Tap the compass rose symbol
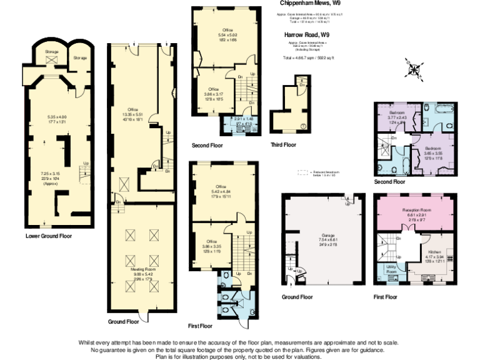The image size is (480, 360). pyautogui.click(x=414, y=67)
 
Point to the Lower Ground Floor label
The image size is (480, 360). pyautogui.click(x=49, y=236)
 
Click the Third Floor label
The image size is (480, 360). pyautogui.click(x=284, y=145)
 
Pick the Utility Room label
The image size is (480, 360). pyautogui.click(x=392, y=269)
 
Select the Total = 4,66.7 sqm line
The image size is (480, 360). pyautogui.click(x=309, y=57)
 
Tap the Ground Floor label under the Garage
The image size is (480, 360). pyautogui.click(x=297, y=296)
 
